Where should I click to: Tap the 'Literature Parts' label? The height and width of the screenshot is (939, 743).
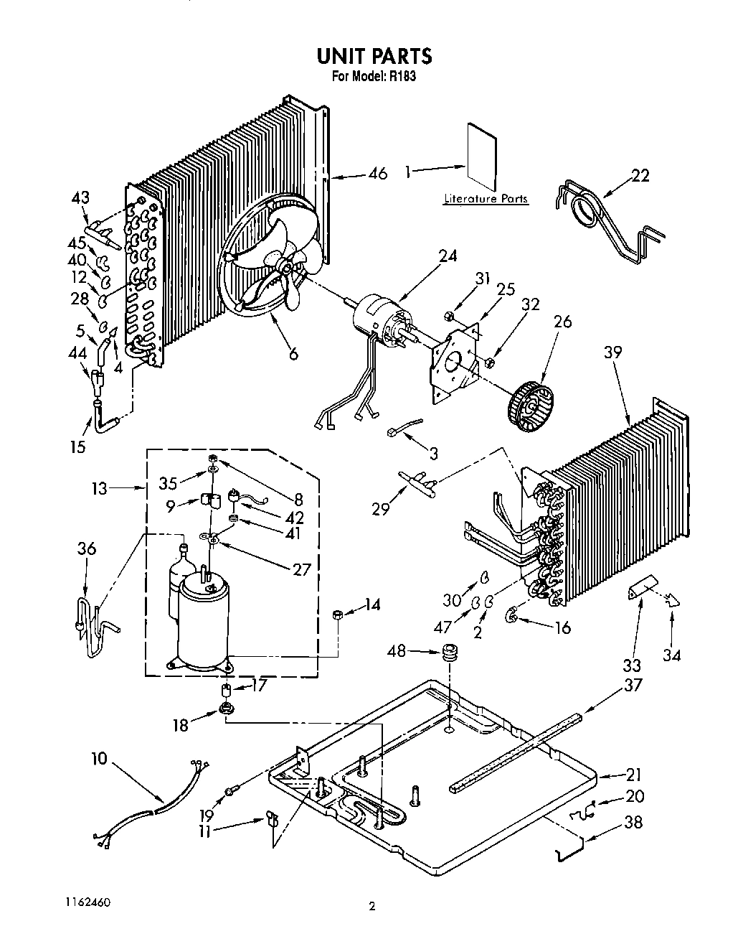[x=486, y=199]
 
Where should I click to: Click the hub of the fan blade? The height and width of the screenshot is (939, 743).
[x=286, y=269]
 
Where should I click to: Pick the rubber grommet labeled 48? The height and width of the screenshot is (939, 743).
[x=450, y=654]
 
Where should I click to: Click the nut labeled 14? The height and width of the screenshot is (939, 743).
[x=337, y=614]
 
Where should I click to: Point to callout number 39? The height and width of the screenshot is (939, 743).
[x=612, y=352]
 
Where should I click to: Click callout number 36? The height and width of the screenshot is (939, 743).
[x=86, y=548]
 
